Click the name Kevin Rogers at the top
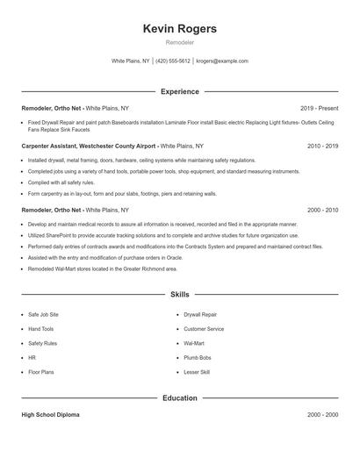tap(179, 29)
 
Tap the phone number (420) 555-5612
tap(174, 61)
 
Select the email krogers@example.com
tap(222, 61)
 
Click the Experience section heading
tap(179, 91)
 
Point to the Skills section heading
tap(179, 296)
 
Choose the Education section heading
tap(179, 398)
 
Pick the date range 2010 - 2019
tap(322, 146)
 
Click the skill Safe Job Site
tap(43, 313)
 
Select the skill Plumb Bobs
tap(198, 358)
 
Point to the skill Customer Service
tap(204, 328)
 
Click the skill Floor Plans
tap(40, 373)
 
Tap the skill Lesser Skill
tap(197, 373)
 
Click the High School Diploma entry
tap(50, 414)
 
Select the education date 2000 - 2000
tap(322, 414)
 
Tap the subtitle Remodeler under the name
tap(179, 42)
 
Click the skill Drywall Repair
tap(202, 313)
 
